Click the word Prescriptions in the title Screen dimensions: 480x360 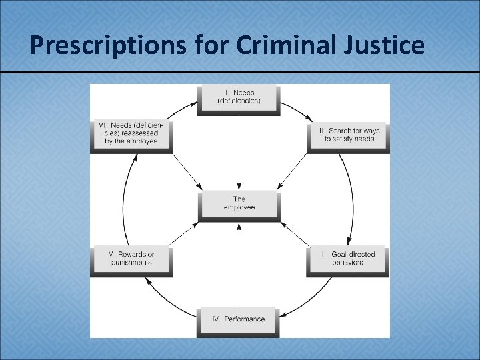[86, 45]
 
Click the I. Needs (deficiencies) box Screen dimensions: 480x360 [239, 97]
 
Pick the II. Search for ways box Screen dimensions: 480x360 [348, 135]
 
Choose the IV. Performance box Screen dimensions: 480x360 [239, 319]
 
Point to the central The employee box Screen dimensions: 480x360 [239, 203]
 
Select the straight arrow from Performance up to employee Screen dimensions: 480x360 [239, 267]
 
